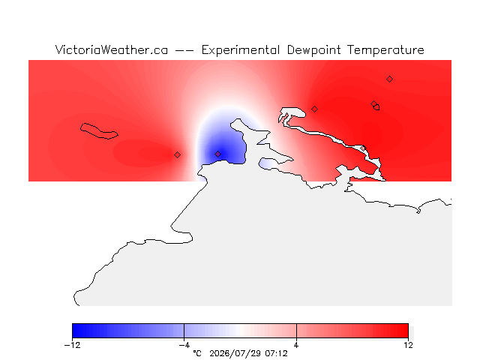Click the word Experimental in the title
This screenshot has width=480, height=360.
pos(240,50)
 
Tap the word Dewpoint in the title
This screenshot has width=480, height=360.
pos(313,50)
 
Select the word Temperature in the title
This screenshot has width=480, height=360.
pos(385,50)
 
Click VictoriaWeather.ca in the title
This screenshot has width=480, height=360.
pos(112,50)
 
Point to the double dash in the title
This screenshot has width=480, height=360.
pos(184,50)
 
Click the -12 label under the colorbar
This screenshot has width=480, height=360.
pos(73,345)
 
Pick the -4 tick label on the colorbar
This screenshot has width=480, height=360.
pos(184,345)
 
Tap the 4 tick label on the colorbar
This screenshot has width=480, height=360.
pos(296,345)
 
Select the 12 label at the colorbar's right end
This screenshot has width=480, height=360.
pos(408,345)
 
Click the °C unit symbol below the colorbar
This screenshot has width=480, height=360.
pos(197,353)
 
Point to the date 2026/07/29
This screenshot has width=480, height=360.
pos(235,353)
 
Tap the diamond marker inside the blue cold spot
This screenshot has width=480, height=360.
pos(217,154)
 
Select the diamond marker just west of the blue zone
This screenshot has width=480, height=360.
pos(177,155)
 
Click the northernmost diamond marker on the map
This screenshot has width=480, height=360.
pos(389,79)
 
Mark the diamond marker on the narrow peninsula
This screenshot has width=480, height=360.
pos(363,148)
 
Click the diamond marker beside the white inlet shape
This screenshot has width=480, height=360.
pos(314,109)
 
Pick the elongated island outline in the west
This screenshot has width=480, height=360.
pos(98,131)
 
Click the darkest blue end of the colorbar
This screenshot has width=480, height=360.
pos(74,331)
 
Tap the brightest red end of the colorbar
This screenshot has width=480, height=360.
pos(406,331)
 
